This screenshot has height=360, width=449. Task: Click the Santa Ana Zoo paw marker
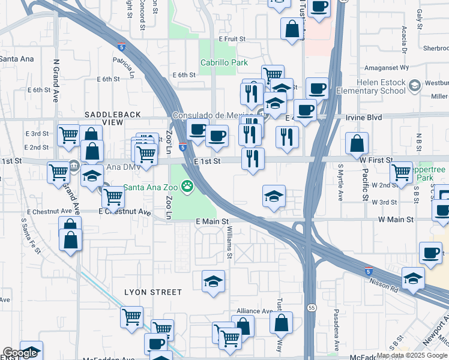187,186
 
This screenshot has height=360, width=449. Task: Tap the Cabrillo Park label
224,62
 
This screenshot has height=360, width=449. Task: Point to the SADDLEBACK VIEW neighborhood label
112,118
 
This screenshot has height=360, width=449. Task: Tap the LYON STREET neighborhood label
152,292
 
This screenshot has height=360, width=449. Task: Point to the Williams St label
229,246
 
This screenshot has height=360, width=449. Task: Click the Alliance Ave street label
255,311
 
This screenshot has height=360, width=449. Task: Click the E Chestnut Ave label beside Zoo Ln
125,212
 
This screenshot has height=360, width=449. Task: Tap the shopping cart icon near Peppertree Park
401,173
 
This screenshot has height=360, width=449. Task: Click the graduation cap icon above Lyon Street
213,282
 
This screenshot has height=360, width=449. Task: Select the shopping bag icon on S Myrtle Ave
357,144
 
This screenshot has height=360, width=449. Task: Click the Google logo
19,353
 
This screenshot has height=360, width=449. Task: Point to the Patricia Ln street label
125,68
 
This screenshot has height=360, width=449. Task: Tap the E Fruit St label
232,38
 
